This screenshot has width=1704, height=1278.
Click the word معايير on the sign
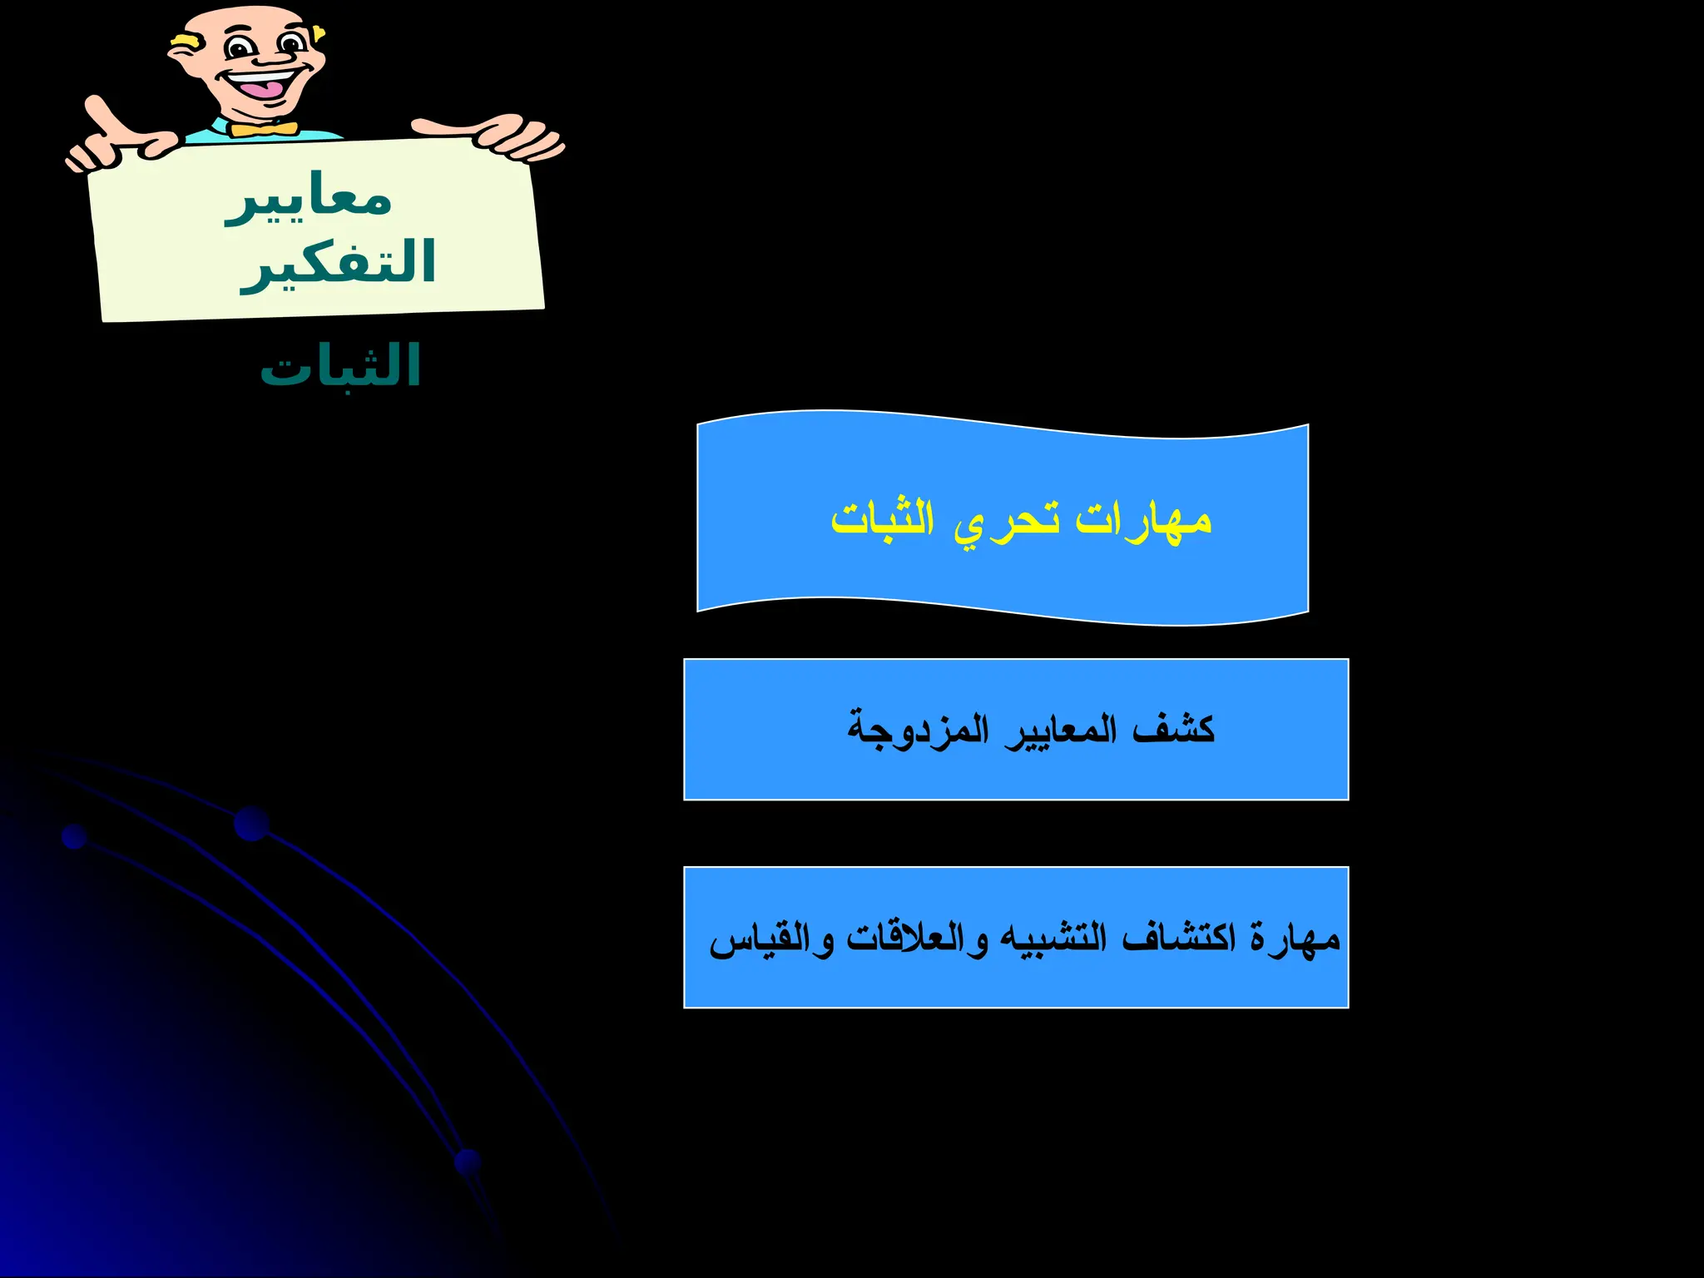[x=309, y=200]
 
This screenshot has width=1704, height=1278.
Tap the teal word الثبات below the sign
[x=340, y=366]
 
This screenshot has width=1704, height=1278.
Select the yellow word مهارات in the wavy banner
[x=1143, y=520]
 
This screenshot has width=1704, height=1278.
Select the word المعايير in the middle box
[x=1060, y=731]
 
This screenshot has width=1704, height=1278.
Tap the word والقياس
[x=770, y=940]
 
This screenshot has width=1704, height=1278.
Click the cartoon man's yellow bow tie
[x=264, y=129]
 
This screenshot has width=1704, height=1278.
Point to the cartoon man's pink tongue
[x=264, y=87]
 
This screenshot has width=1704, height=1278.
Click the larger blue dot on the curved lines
[x=251, y=823]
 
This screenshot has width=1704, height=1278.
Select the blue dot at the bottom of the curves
[x=468, y=1162]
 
